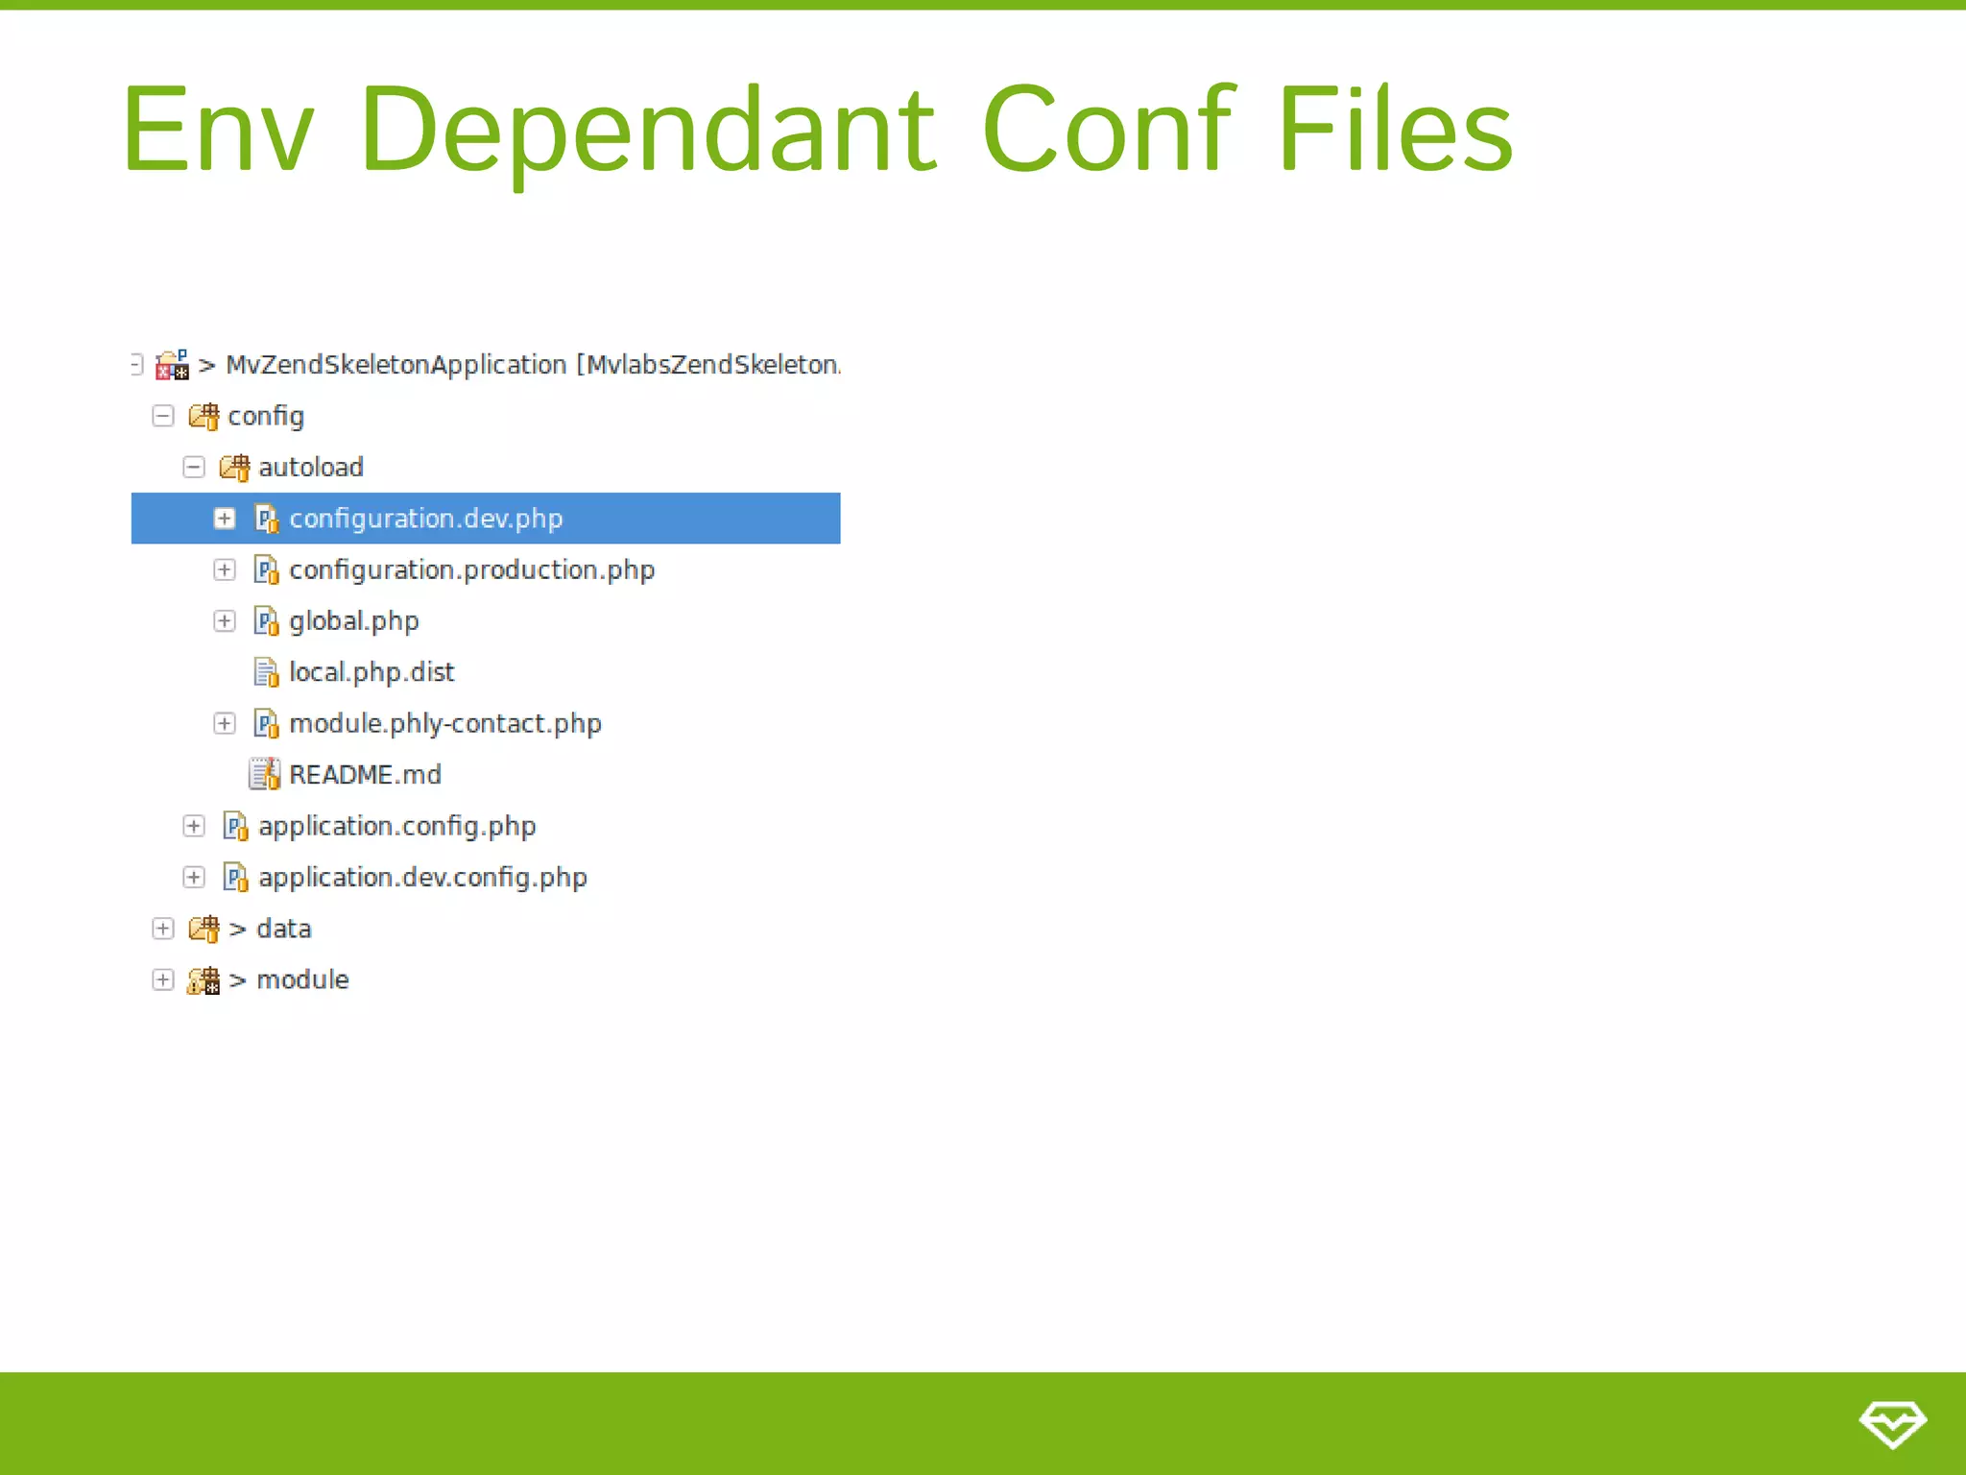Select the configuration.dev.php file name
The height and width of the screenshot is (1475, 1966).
pyautogui.click(x=425, y=519)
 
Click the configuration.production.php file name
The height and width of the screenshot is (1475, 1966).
pyautogui.click(x=471, y=570)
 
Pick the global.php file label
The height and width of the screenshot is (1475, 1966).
pyautogui.click(x=353, y=621)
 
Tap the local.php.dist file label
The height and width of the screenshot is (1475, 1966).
pyautogui.click(x=372, y=672)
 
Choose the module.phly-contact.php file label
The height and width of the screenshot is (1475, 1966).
pyautogui.click(x=444, y=724)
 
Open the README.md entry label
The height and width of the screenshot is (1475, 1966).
pyautogui.click(x=365, y=775)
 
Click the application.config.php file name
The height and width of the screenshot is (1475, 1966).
pyautogui.click(x=396, y=826)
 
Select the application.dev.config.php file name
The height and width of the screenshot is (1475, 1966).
pyautogui.click(x=422, y=878)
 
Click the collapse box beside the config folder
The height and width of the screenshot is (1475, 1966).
pyautogui.click(x=163, y=416)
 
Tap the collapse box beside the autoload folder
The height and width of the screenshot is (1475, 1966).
pyautogui.click(x=194, y=468)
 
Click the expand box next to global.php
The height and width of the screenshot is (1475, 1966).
pyautogui.click(x=225, y=621)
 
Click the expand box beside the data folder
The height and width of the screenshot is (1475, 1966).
pyautogui.click(x=163, y=929)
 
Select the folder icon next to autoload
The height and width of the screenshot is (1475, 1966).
pyautogui.click(x=234, y=468)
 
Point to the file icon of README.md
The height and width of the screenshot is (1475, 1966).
pyautogui.click(x=264, y=774)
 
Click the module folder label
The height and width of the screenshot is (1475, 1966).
pyautogui.click(x=302, y=979)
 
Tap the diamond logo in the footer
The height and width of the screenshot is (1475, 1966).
pyautogui.click(x=1892, y=1423)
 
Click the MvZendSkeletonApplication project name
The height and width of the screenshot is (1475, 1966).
pyautogui.click(x=396, y=365)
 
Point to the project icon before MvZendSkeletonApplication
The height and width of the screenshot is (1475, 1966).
pyautogui.click(x=173, y=365)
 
